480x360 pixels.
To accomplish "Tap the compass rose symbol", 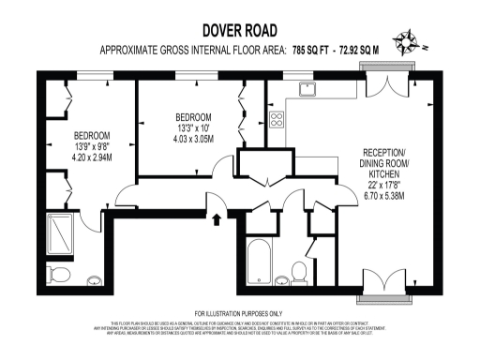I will (x=409, y=40).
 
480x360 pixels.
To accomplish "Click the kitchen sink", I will (x=307, y=89).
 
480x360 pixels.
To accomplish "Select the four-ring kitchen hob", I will (x=277, y=119).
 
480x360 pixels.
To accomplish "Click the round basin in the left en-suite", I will (x=95, y=279).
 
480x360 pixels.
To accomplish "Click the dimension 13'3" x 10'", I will (x=187, y=127).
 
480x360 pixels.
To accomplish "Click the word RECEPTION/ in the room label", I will (x=385, y=152).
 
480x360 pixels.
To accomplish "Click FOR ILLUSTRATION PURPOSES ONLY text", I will (x=238, y=312).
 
